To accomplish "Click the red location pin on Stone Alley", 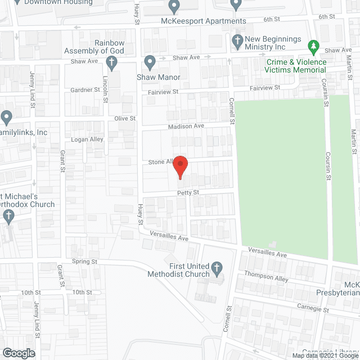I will [179, 166].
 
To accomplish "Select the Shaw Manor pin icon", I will [150, 61].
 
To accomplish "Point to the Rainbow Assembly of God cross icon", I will [111, 62].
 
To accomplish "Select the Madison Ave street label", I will [186, 127].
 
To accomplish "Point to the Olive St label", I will [125, 119].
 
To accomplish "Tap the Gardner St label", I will [85, 90].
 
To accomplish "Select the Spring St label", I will [84, 262].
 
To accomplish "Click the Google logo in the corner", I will [18, 353].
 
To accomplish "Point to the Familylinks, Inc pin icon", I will [6, 118].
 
